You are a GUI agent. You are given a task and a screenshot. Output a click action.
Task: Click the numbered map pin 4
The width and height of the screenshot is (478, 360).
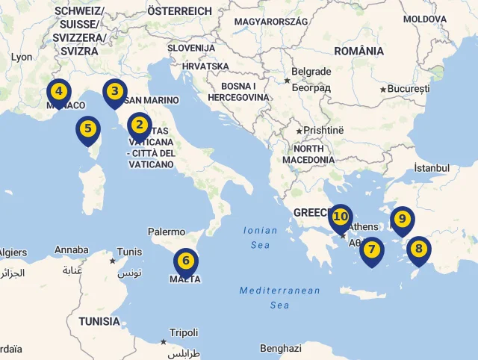pos(58,94)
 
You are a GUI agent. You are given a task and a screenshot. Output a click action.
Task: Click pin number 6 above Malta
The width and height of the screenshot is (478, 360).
pos(186,262)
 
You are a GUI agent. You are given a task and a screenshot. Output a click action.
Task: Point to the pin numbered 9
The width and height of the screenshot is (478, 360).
pos(402,220)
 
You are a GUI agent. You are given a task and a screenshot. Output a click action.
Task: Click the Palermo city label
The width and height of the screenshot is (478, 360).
pos(167,232)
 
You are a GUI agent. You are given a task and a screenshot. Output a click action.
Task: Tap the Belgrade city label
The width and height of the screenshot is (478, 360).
pos(311,72)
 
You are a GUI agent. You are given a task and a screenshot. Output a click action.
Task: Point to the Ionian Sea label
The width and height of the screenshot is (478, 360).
pos(260,238)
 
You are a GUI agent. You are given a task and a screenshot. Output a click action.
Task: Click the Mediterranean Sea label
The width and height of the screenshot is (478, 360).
pos(279,297)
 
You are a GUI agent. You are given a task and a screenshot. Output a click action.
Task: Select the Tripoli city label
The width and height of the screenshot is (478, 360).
pos(184,333)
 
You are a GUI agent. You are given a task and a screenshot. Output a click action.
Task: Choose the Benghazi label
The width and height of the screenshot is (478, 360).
pos(281,348)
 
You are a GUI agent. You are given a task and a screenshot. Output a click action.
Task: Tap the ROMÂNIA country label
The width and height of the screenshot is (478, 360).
pos(359,52)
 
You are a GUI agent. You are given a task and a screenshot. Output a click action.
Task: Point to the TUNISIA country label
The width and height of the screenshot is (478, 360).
pos(99,321)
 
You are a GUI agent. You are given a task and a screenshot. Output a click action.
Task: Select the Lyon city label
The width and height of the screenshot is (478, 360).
pos(22,57)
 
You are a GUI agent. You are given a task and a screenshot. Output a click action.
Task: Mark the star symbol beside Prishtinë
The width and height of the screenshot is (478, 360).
pos(299,131)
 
